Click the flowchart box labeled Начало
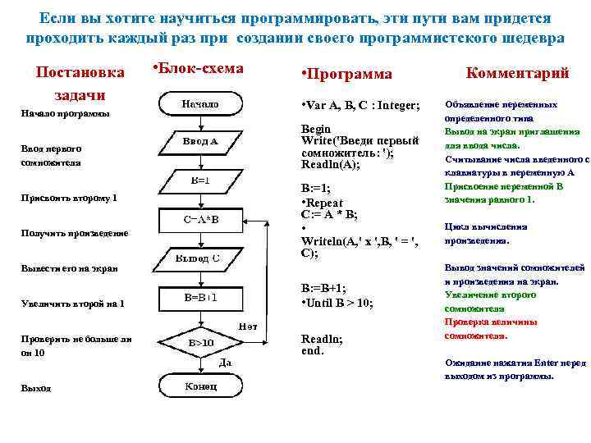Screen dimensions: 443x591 [199, 104]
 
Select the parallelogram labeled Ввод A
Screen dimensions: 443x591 [199, 142]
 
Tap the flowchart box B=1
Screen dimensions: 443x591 [199, 180]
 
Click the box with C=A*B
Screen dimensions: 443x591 [199, 220]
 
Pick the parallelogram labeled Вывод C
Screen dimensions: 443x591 [199, 259]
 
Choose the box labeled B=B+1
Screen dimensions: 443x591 [199, 297]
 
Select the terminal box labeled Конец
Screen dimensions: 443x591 [199, 386]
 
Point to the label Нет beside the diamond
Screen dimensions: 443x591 [247, 327]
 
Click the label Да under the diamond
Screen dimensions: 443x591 [223, 362]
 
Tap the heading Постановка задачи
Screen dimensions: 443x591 [80, 83]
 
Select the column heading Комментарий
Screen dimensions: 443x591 [517, 73]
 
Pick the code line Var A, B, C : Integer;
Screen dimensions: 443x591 [362, 107]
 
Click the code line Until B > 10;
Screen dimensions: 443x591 [337, 303]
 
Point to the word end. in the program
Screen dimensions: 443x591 [313, 350]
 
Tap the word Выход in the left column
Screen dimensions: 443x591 [36, 388]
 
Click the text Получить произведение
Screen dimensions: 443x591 [75, 233]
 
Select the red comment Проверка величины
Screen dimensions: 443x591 [491, 322]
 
